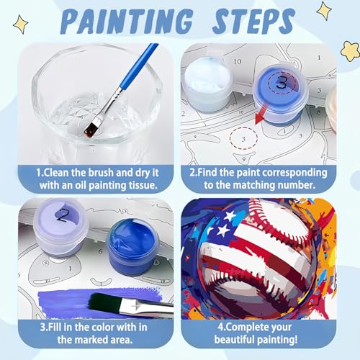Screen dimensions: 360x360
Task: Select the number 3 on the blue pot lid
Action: coord(282,82)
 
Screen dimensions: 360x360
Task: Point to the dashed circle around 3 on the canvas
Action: coord(243,138)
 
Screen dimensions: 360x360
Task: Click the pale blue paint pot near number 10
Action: coord(207,84)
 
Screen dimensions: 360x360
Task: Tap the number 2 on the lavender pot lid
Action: coord(63,215)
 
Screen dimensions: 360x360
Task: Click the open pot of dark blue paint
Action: coord(132,247)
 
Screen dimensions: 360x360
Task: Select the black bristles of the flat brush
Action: coord(105,303)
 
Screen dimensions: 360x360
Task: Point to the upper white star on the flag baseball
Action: coord(230,215)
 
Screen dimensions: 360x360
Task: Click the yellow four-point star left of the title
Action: coord(21,24)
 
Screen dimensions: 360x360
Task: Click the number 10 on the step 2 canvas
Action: coord(238,61)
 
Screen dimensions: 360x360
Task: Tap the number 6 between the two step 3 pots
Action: coord(100,251)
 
